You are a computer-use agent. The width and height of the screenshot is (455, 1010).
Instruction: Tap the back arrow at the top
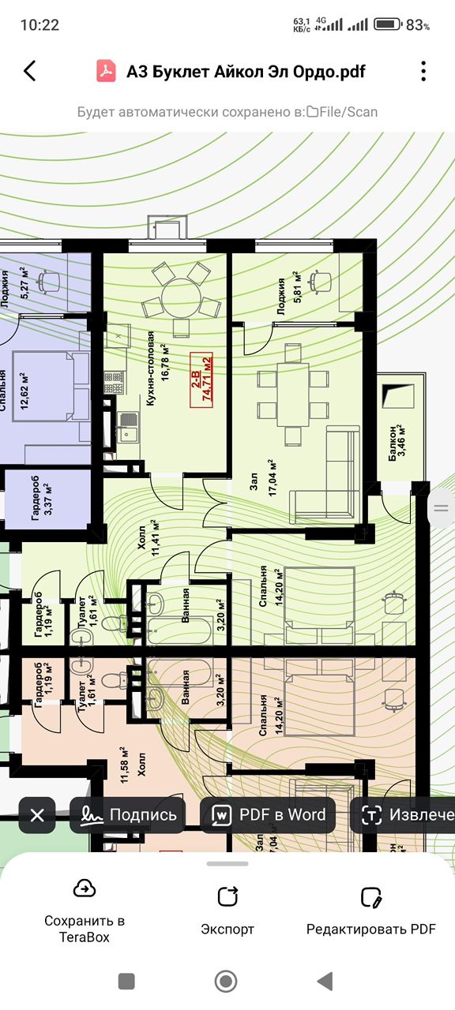tap(30, 71)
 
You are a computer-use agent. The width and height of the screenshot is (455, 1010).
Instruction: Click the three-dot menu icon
tap(423, 71)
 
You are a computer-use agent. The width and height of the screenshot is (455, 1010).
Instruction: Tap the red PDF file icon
tap(106, 71)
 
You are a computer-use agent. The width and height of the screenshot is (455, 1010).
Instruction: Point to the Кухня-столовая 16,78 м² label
tap(157, 368)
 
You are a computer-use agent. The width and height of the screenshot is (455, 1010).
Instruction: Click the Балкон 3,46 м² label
tap(397, 443)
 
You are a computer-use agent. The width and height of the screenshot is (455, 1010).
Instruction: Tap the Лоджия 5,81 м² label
tap(288, 295)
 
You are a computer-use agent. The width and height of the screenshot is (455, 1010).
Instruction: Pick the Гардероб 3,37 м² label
tap(42, 498)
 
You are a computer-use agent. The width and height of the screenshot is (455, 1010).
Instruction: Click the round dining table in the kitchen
tap(181, 298)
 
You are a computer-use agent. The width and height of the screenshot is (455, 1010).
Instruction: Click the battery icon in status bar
tap(387, 24)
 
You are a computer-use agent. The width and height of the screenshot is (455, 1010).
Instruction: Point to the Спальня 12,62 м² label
tap(13, 391)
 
